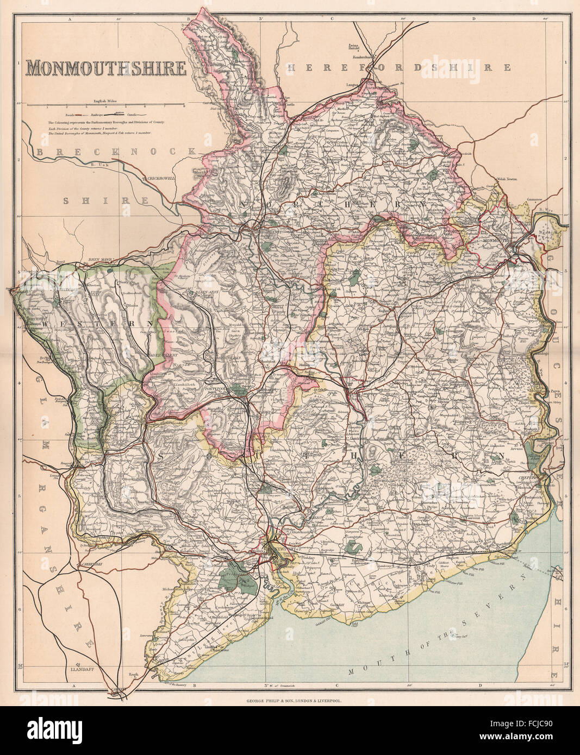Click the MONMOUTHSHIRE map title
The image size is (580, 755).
tap(106, 68)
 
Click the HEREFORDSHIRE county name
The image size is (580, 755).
tap(399, 67)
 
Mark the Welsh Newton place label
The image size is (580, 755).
tap(506, 179)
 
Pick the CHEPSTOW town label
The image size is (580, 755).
tap(531, 477)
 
